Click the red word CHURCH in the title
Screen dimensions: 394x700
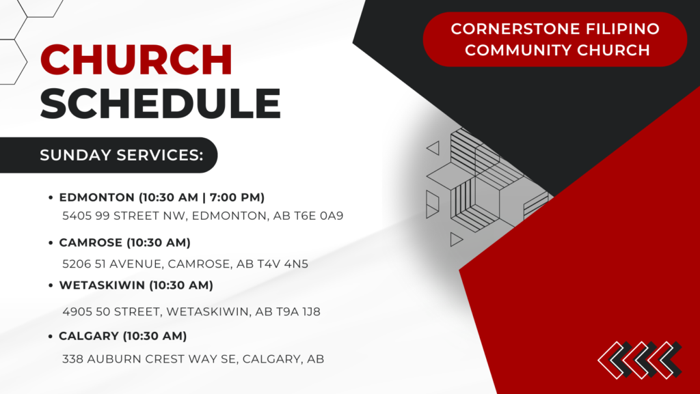pos(136,59)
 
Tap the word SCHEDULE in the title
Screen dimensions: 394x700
pos(160,104)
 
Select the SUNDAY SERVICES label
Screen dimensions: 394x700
pos(122,155)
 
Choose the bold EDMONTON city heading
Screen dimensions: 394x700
pos(97,197)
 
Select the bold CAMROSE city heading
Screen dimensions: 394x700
pos(90,242)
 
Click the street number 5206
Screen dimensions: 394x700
pos(76,264)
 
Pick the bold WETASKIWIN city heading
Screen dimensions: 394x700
pos(102,285)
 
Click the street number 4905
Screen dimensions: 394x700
pos(76,311)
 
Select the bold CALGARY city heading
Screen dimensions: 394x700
pos(87,336)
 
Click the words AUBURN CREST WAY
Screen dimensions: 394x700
pos(160,358)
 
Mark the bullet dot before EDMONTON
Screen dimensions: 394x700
pos(51,198)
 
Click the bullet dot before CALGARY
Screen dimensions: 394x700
pos(51,337)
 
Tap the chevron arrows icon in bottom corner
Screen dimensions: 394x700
pos(639,359)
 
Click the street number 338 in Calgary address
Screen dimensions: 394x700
pos(72,358)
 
